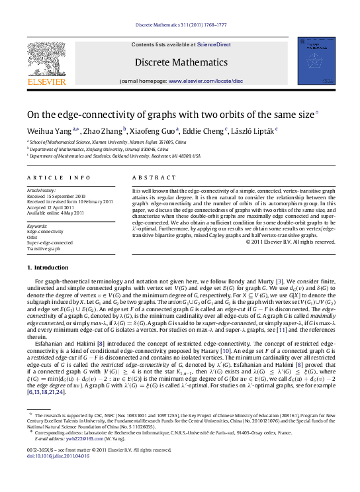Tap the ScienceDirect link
(x=213, y=44)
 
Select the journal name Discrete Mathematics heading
(x=179, y=62)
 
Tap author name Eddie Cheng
(x=206, y=130)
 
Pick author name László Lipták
(x=254, y=130)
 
